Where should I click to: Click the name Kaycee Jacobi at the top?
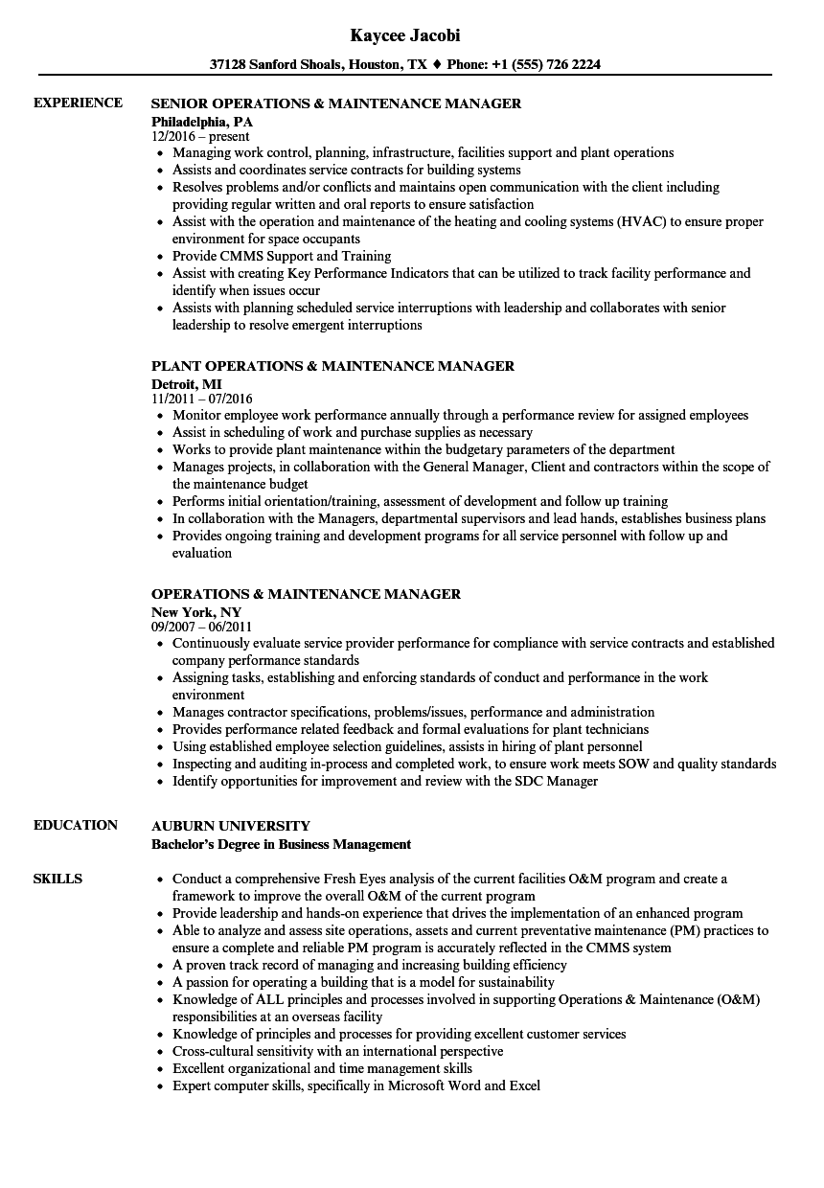point(405,35)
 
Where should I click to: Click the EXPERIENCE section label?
point(78,103)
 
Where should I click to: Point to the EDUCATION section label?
point(76,825)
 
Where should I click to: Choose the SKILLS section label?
point(57,879)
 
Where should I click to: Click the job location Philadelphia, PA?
point(202,121)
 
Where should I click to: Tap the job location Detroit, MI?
point(187,383)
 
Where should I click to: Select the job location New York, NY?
point(196,611)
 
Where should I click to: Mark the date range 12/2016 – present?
point(200,136)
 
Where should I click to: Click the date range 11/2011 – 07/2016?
point(202,399)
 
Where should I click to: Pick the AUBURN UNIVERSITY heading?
point(231,825)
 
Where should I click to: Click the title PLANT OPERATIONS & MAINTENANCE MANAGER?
point(332,365)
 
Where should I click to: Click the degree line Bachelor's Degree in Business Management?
point(281,844)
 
